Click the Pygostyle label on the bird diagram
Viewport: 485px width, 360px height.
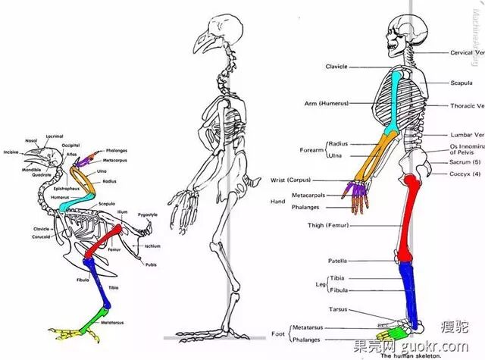point(148,215)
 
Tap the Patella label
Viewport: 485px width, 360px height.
point(337,261)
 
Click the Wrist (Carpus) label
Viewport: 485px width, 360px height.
point(289,180)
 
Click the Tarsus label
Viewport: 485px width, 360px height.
point(338,309)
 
